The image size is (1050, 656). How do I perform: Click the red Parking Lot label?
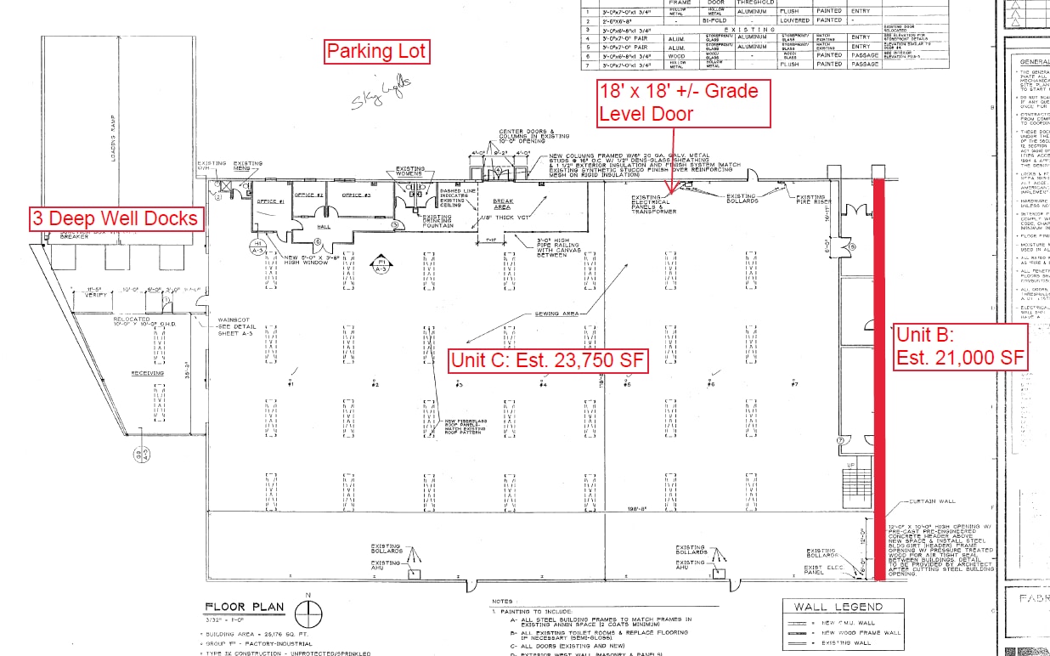[376, 53]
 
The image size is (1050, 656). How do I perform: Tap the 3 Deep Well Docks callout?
[116, 218]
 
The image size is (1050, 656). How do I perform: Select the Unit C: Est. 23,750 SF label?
[548, 360]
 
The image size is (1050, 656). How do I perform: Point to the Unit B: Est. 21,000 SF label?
[959, 346]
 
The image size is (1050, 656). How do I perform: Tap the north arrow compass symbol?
[308, 612]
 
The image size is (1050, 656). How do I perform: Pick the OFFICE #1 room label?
[271, 201]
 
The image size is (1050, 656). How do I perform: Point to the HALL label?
[325, 227]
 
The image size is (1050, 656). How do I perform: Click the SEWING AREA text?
[556, 314]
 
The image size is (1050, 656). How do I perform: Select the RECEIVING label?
[147, 373]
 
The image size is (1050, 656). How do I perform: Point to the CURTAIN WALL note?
[927, 500]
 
